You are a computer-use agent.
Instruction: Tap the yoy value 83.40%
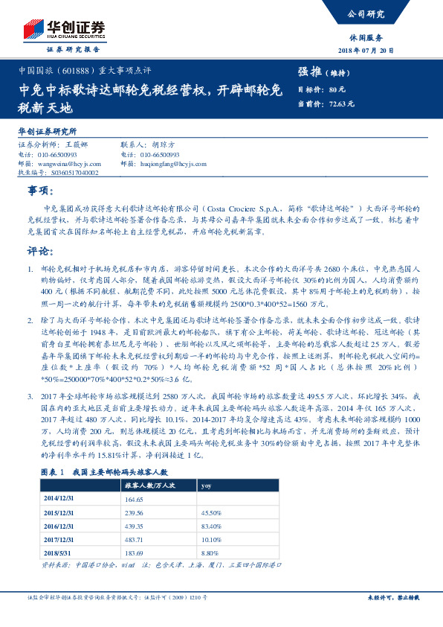(x=212, y=526)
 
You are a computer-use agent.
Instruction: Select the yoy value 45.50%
(x=212, y=513)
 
